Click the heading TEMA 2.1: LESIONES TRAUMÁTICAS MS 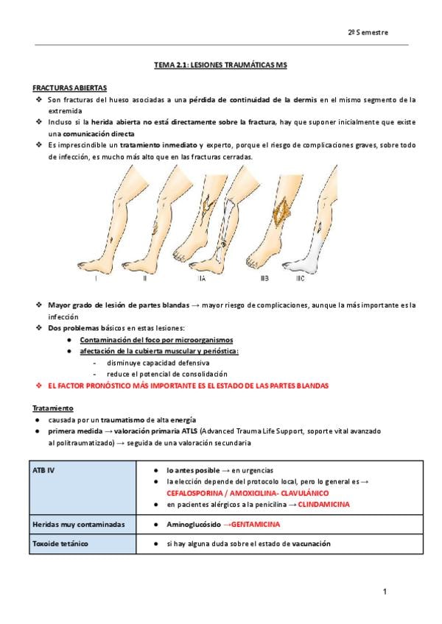pos(220,65)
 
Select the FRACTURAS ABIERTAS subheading pos(69,88)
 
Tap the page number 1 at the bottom pos(385,592)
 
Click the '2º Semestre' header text pos(368,32)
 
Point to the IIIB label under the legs pos(264,279)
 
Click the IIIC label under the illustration pos(300,279)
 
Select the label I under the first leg pos(96,279)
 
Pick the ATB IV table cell pos(83,487)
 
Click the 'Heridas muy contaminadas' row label pos(79,525)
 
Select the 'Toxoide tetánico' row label pos(60,544)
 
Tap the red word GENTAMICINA pos(256,525)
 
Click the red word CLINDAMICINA pos(323,505)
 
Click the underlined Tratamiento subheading pos(53,408)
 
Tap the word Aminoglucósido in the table pos(194,525)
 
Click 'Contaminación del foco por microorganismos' pos(156,340)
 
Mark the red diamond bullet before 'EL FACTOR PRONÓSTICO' pos(39,386)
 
